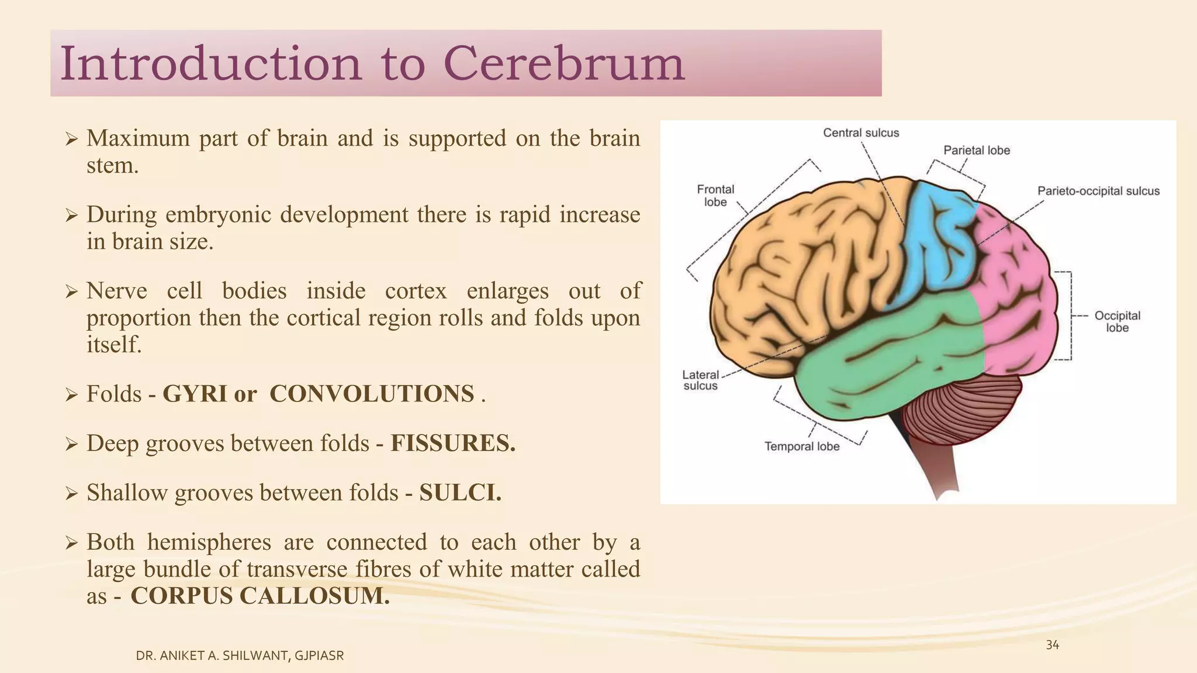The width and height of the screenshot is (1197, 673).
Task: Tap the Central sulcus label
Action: [x=861, y=133]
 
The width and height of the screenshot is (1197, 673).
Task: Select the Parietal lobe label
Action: [x=977, y=150]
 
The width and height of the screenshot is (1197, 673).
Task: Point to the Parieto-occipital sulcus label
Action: [x=1098, y=191]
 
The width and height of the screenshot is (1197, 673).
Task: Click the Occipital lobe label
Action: [x=1117, y=321]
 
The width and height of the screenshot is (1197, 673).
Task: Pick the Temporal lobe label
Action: [x=802, y=446]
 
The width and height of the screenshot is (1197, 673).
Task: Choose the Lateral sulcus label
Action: [x=700, y=380]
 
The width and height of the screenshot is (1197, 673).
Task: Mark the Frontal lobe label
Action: [x=715, y=196]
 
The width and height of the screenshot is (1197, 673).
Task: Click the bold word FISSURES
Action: [x=453, y=443]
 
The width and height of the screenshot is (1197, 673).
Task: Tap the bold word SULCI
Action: [x=460, y=492]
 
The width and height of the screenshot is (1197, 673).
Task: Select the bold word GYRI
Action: [x=194, y=394]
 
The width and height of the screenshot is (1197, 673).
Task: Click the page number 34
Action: [x=1052, y=645]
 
